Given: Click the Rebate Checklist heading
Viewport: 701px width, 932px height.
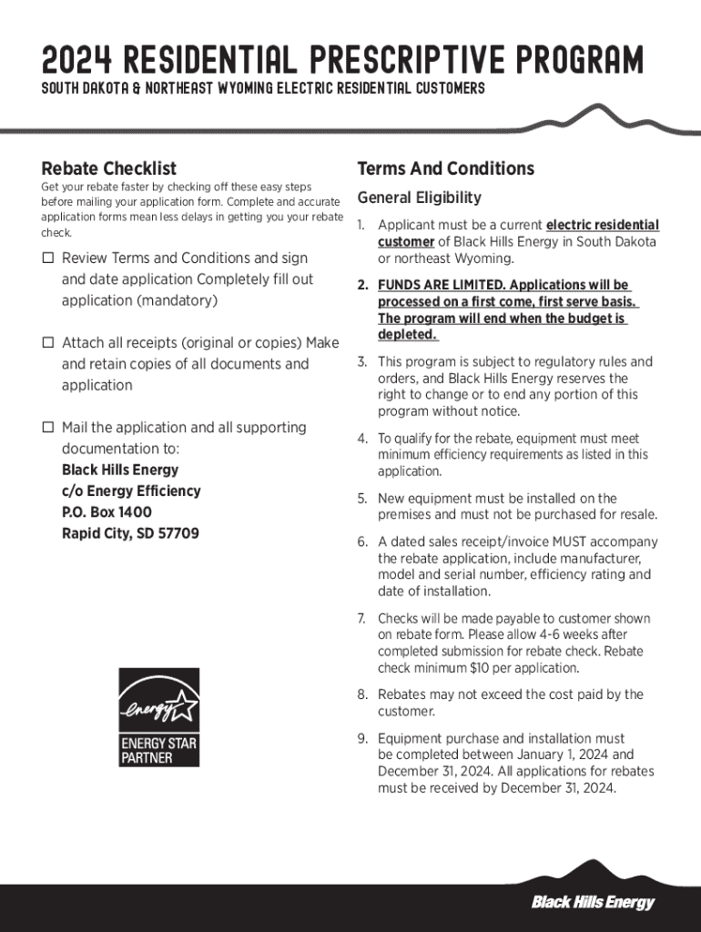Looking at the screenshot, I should click(109, 169).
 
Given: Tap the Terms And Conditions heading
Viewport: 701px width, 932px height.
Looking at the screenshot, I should click(445, 169).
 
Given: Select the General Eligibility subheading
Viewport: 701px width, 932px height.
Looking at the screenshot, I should click(419, 198).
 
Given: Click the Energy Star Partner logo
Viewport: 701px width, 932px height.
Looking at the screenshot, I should click(159, 716).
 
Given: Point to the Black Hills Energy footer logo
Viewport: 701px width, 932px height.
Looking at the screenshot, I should click(593, 902).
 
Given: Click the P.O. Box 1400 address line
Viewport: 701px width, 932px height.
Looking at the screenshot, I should click(107, 512).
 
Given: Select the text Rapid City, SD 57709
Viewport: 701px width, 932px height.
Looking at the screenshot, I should click(130, 533).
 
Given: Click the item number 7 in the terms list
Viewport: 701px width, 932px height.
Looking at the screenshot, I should click(361, 619).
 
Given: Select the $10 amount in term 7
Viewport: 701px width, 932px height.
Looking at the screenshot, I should click(481, 668).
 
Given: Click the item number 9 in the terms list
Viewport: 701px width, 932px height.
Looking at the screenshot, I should click(361, 739).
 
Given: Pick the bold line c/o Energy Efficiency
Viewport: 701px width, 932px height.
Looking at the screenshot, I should click(131, 491).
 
